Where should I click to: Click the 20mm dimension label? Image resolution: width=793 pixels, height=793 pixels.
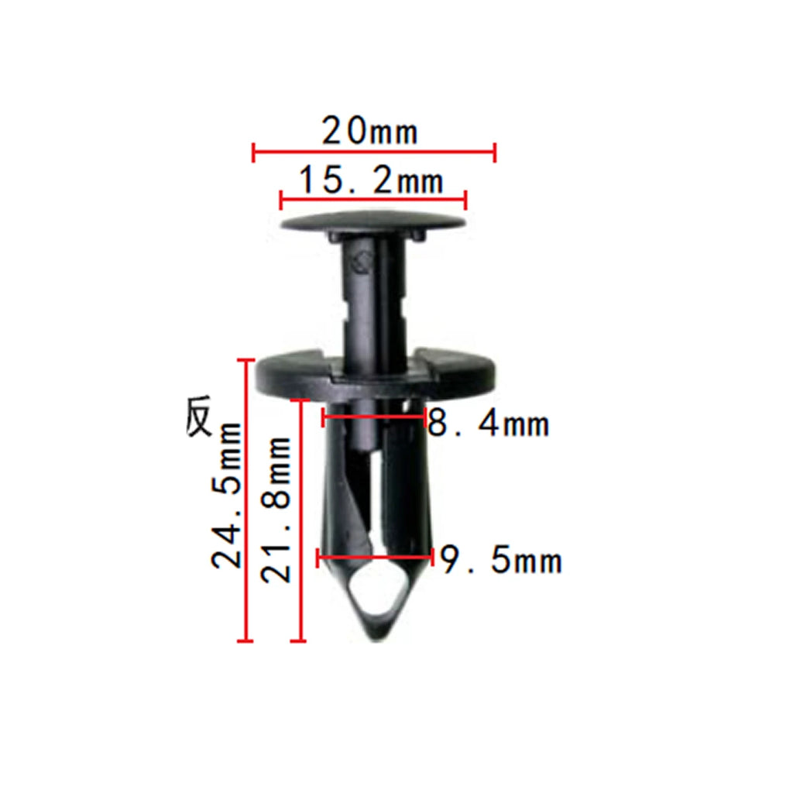pyautogui.click(x=369, y=131)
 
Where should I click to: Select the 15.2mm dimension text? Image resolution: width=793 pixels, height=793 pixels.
pyautogui.click(x=371, y=180)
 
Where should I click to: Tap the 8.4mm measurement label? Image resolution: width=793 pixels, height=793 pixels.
pyautogui.click(x=488, y=423)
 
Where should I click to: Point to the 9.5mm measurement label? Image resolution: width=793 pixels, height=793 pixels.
pyautogui.click(x=501, y=559)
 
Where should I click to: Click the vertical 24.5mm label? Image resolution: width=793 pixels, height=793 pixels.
pyautogui.click(x=226, y=495)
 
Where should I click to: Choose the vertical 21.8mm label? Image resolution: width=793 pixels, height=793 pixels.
pyautogui.click(x=276, y=510)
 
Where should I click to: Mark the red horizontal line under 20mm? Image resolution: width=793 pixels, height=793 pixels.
pyautogui.click(x=374, y=151)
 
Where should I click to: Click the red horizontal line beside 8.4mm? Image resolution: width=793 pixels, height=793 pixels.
pyautogui.click(x=374, y=417)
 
